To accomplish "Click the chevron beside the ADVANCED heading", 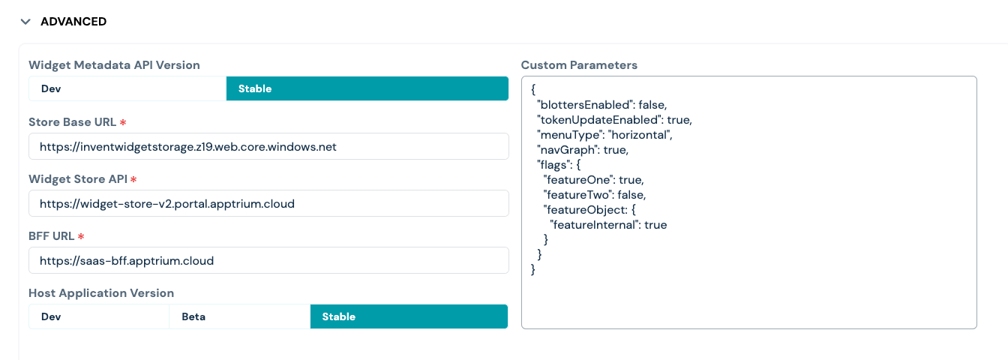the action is tap(25, 22).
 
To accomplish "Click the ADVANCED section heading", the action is tap(73, 22).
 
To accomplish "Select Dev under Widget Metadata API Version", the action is tap(127, 88).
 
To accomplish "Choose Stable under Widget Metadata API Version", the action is tap(367, 88).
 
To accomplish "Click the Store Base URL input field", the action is tap(268, 146).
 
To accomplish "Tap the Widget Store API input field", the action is tap(268, 203).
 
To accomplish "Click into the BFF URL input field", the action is tap(268, 260).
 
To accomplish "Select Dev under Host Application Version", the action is tap(99, 316).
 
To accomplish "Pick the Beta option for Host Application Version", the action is tap(240, 316).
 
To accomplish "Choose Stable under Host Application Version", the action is tap(409, 316).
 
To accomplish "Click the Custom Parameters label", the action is tap(579, 65).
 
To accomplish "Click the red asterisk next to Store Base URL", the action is tap(123, 122).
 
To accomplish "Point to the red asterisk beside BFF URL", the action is tap(81, 236).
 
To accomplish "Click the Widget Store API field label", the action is tap(78, 179).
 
